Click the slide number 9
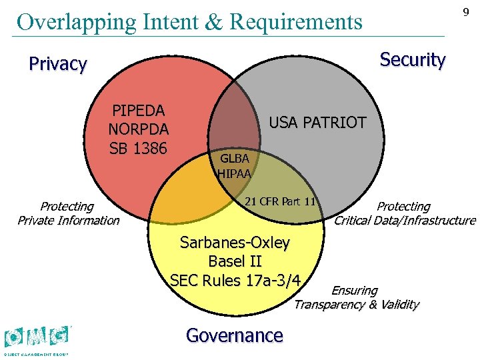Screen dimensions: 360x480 [466, 13]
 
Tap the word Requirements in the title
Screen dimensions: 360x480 [295, 21]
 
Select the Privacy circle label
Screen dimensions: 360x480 [58, 64]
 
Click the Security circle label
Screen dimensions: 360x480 [412, 59]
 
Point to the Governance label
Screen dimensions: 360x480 [235, 335]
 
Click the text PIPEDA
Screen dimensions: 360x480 [139, 110]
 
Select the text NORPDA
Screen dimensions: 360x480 [139, 129]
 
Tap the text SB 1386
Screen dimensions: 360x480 [139, 147]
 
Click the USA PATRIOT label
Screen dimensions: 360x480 [317, 123]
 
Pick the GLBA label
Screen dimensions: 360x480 [235, 159]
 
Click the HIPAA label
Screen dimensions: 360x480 [235, 174]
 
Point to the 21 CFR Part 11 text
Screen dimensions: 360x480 [280, 201]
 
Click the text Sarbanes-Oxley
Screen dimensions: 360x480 [235, 243]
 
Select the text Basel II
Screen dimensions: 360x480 [235, 261]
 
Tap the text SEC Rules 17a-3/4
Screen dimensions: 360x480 [235, 280]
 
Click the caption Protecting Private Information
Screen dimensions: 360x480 [68, 213]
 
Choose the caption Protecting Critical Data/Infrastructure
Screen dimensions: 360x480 [405, 213]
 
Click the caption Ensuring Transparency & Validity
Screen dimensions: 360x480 [356, 298]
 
